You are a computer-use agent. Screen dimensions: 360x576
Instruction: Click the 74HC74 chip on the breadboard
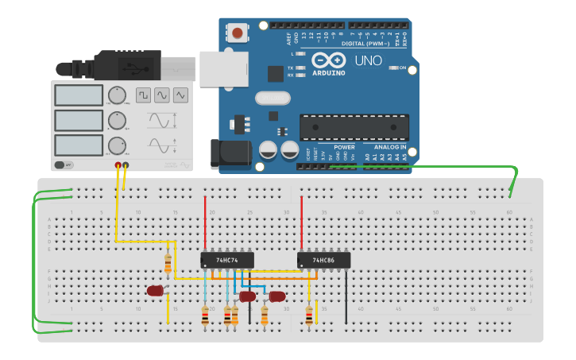click(227, 260)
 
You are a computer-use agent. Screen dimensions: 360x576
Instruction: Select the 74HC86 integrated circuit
click(323, 260)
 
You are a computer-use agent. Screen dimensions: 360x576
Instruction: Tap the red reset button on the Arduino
click(237, 33)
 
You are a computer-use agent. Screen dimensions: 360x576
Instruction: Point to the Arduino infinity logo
click(328, 60)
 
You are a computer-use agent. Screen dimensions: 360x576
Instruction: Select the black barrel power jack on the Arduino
click(230, 153)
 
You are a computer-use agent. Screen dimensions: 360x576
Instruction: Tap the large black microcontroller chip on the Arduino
click(354, 127)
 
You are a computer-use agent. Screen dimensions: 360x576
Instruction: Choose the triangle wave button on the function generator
click(181, 95)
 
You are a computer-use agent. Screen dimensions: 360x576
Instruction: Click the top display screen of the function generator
click(79, 95)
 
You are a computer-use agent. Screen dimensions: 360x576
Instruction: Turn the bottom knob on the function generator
click(118, 145)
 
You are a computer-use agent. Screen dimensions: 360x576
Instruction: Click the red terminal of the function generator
click(118, 165)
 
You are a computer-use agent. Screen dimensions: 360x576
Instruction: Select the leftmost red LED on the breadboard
click(155, 291)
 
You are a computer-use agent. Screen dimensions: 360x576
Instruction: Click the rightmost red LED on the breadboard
click(277, 296)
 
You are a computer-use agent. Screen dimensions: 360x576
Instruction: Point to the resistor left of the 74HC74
click(168, 263)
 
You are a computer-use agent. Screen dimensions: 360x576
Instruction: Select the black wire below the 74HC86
click(346, 298)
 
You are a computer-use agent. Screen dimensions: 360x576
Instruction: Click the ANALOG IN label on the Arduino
click(390, 147)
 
